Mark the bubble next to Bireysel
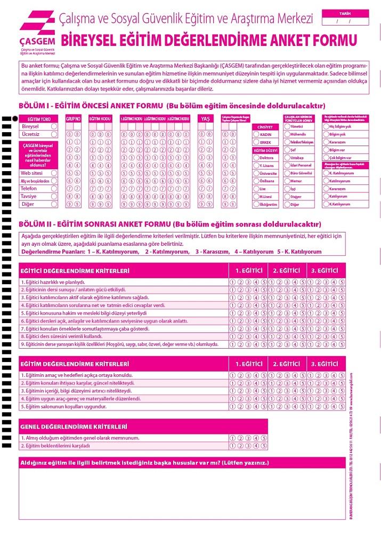(54, 127)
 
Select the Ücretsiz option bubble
(54, 135)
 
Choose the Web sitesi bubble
(54, 173)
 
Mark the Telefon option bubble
(54, 189)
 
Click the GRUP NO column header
(73, 118)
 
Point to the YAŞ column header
(205, 118)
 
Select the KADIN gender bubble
(255, 135)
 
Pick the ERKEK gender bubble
(255, 143)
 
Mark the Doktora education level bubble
(255, 158)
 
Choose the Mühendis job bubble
(287, 135)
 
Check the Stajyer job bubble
(287, 197)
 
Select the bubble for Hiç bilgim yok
(326, 127)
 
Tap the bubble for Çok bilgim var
(326, 158)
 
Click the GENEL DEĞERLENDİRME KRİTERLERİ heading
(74, 427)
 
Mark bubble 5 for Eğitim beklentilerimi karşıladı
(264, 446)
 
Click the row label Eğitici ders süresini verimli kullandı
(61, 337)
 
